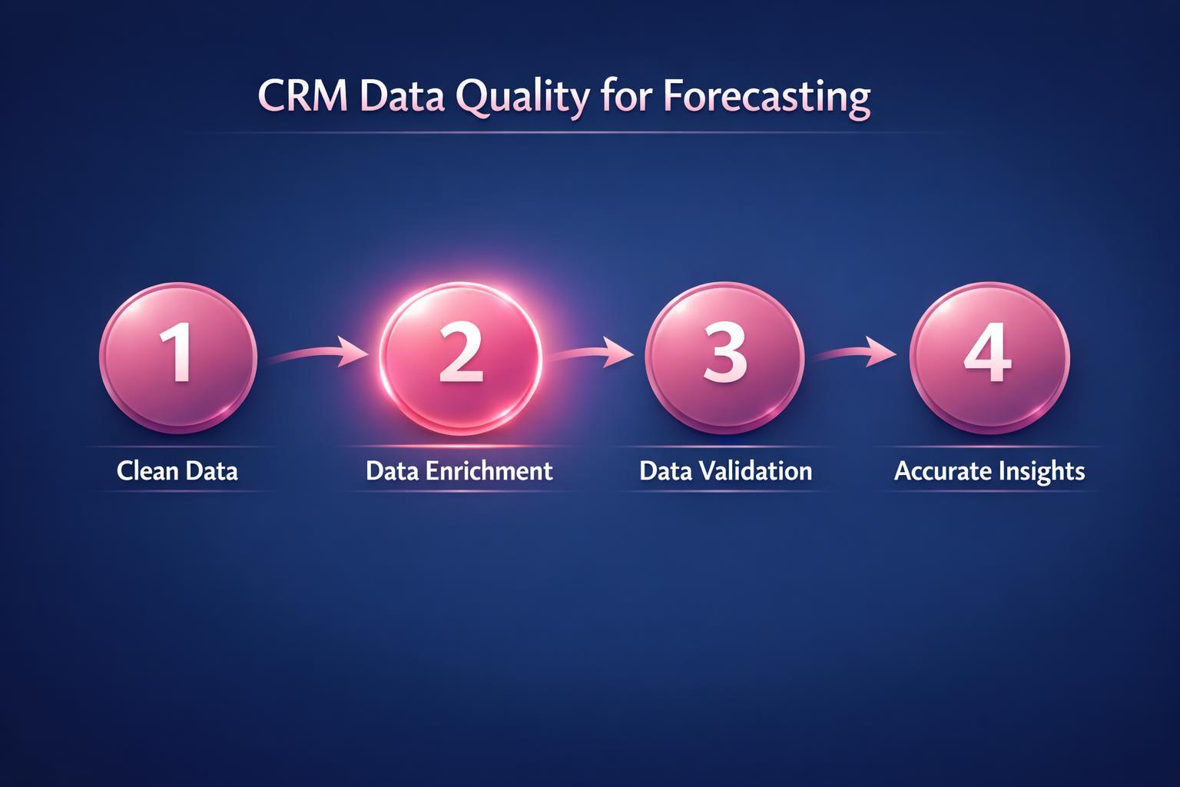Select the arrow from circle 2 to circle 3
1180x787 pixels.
(x=587, y=355)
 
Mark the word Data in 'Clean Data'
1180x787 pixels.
(x=211, y=470)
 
